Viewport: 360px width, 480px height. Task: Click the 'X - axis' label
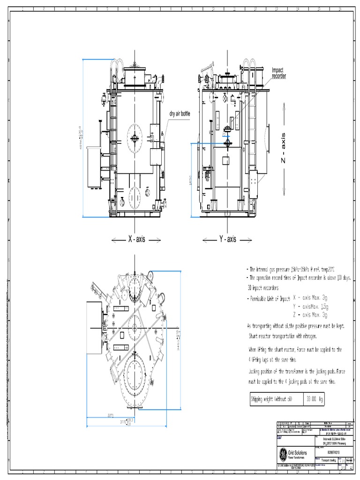[136, 240]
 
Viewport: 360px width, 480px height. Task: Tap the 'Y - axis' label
[227, 240]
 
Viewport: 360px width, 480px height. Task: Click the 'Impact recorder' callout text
[278, 73]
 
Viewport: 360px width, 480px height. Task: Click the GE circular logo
[284, 454]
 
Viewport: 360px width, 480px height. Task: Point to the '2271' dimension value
[111, 415]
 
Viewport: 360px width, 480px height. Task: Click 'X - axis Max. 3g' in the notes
[310, 297]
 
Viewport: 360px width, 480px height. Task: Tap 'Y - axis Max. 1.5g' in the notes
[310, 306]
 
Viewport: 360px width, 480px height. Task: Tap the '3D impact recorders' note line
[263, 287]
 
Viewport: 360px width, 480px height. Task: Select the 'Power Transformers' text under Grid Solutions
[298, 457]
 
